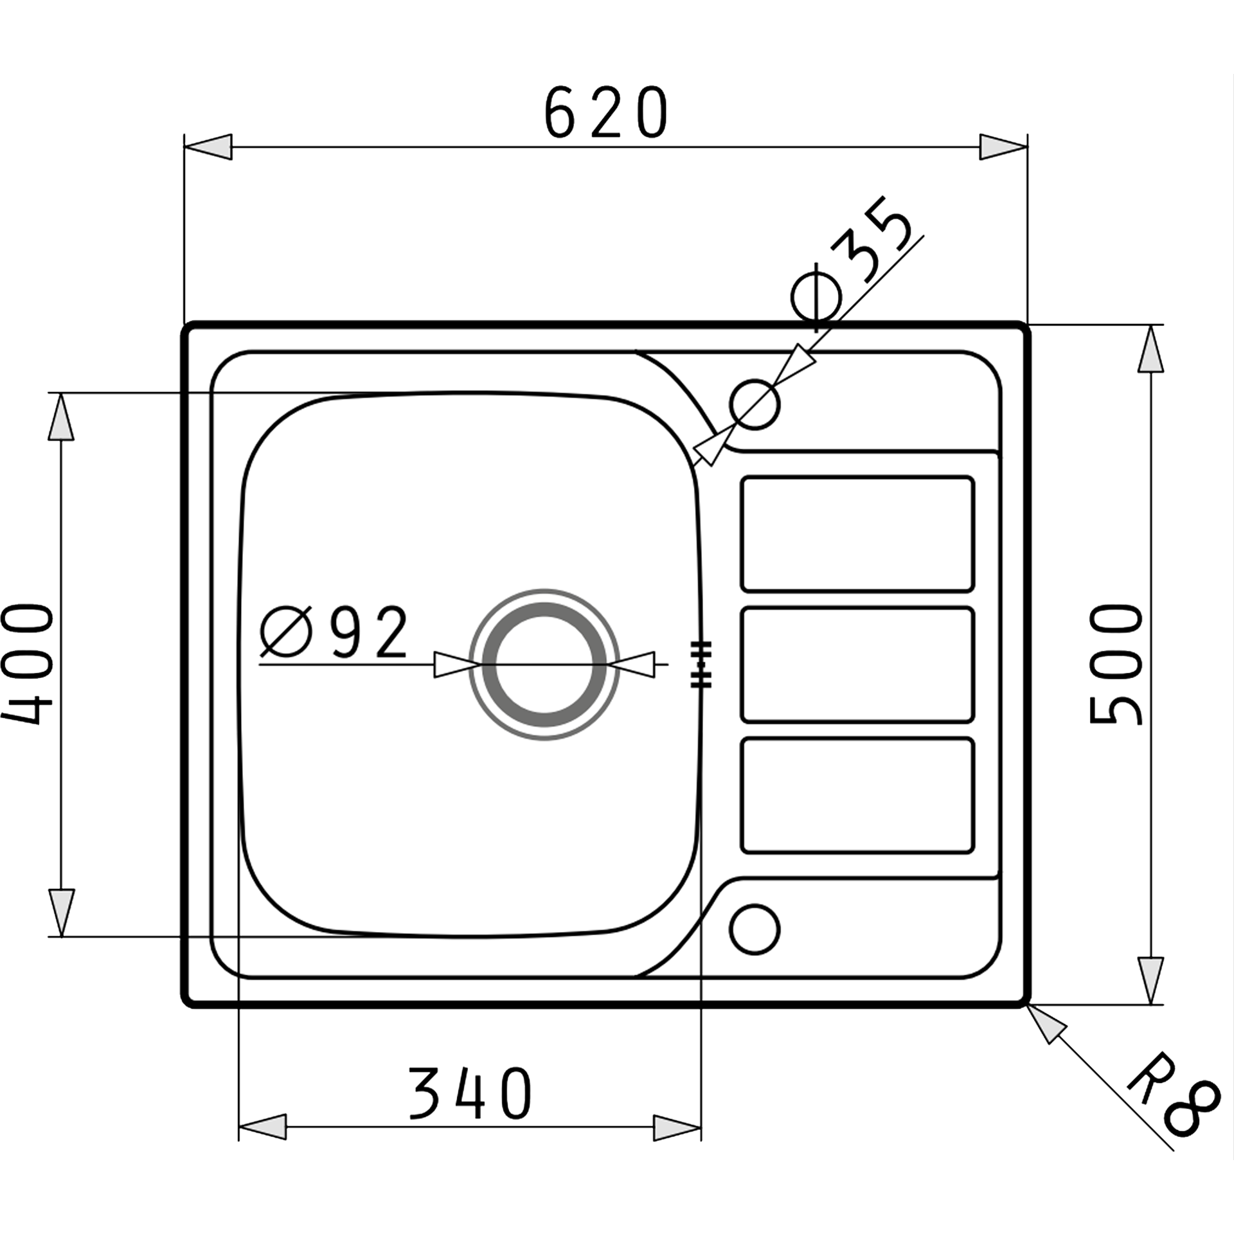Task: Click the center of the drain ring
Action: coord(545,665)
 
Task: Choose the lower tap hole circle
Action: coord(755,929)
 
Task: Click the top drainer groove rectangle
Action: coord(857,533)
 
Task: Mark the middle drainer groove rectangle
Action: coord(857,665)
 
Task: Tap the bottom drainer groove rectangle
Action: coord(857,796)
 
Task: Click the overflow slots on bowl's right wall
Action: coord(701,665)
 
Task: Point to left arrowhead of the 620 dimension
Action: coord(208,147)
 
